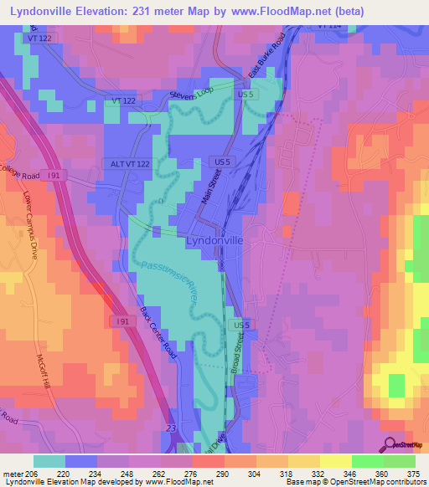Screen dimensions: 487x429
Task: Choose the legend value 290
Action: pos(223,472)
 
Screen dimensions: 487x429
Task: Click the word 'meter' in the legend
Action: pos(15,472)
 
